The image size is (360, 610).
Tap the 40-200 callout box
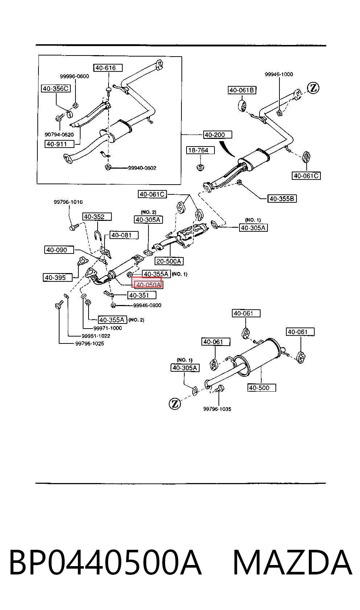click(218, 135)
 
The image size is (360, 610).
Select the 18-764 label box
click(200, 150)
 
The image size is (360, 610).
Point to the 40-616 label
click(108, 68)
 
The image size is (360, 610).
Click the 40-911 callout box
click(59, 144)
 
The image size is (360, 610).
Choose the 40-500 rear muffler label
click(262, 388)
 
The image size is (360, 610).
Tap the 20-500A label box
click(169, 261)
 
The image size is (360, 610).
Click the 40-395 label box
click(58, 277)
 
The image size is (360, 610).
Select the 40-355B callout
click(282, 198)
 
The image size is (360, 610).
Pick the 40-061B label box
click(242, 90)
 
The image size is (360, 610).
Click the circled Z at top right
click(313, 88)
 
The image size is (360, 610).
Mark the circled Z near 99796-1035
click(175, 403)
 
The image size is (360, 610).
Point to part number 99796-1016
click(68, 202)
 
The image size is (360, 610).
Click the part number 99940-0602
click(142, 168)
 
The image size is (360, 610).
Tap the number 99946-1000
click(279, 74)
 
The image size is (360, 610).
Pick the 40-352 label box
click(97, 217)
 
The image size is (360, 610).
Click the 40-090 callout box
click(59, 250)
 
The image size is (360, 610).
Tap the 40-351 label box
click(142, 295)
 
